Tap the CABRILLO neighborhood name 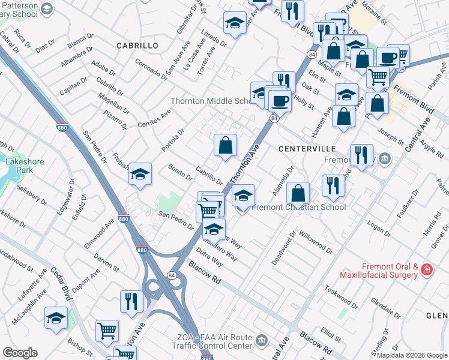(137, 46)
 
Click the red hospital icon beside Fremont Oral (426, 269)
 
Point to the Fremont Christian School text (298, 208)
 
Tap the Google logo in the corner (20, 353)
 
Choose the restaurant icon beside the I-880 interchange (131, 301)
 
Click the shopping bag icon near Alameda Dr (298, 193)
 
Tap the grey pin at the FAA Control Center (261, 341)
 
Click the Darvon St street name (106, 262)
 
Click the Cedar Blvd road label (61, 283)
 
